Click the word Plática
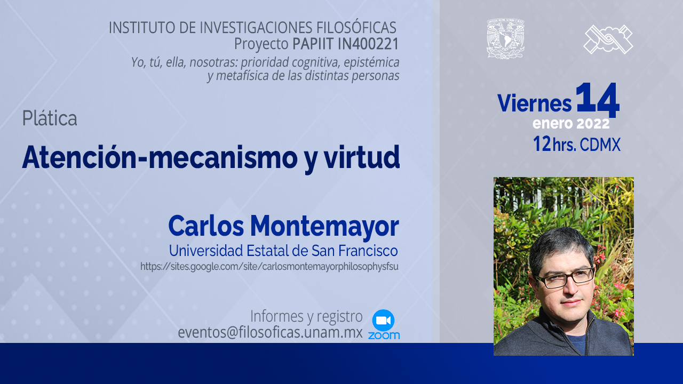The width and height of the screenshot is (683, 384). click(x=50, y=118)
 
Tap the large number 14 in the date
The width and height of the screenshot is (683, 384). click(x=598, y=99)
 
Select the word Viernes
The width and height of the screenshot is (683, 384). click(x=535, y=103)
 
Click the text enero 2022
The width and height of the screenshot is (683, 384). click(x=571, y=124)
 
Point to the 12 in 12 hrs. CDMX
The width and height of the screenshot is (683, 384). click(x=542, y=144)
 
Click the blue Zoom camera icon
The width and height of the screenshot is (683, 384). click(x=383, y=321)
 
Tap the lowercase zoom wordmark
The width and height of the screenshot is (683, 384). click(x=384, y=335)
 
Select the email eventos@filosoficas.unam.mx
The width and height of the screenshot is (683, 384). click(x=270, y=332)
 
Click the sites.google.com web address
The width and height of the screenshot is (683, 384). click(x=269, y=267)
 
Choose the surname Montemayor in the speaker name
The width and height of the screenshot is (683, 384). click(x=324, y=226)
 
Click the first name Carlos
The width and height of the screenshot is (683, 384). click(x=206, y=226)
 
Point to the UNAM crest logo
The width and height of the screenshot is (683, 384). click(x=505, y=39)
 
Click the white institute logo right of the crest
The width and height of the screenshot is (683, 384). click(x=608, y=39)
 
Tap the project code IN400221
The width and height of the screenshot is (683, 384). click(x=368, y=44)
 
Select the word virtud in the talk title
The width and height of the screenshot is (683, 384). click(x=362, y=157)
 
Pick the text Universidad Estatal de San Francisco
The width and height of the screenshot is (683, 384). click(x=283, y=251)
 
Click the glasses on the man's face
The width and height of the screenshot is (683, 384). click(x=565, y=278)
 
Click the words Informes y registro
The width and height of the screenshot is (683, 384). click(x=306, y=316)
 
